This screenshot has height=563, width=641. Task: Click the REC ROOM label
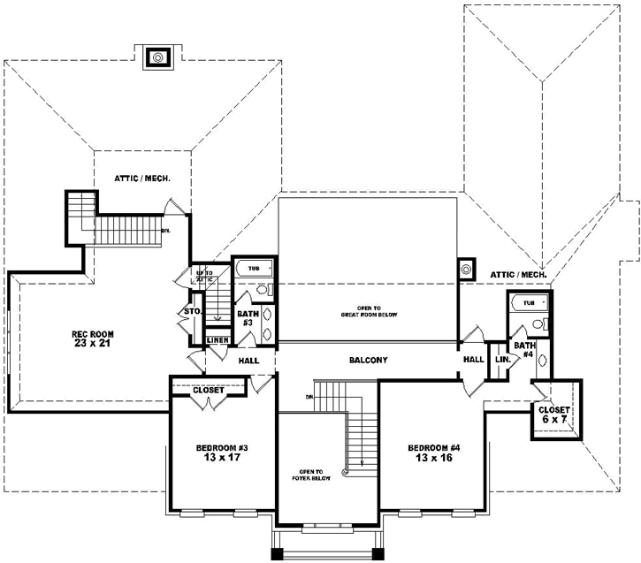click(93, 334)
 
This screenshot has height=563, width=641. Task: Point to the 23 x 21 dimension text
click(93, 344)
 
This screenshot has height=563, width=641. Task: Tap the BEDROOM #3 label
click(222, 448)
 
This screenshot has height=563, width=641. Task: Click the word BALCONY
click(367, 360)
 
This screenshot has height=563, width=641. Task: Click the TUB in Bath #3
click(254, 268)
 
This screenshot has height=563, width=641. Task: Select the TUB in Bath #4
click(529, 303)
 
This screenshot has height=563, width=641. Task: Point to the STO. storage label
click(191, 312)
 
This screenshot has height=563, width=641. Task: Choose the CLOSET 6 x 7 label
click(554, 415)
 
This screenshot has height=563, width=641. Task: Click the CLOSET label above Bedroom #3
click(208, 389)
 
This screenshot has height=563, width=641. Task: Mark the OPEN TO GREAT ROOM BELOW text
click(370, 312)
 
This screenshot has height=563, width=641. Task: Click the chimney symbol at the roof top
click(158, 57)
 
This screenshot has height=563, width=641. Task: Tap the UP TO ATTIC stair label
click(204, 276)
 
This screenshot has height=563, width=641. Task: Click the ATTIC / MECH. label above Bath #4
click(519, 276)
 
